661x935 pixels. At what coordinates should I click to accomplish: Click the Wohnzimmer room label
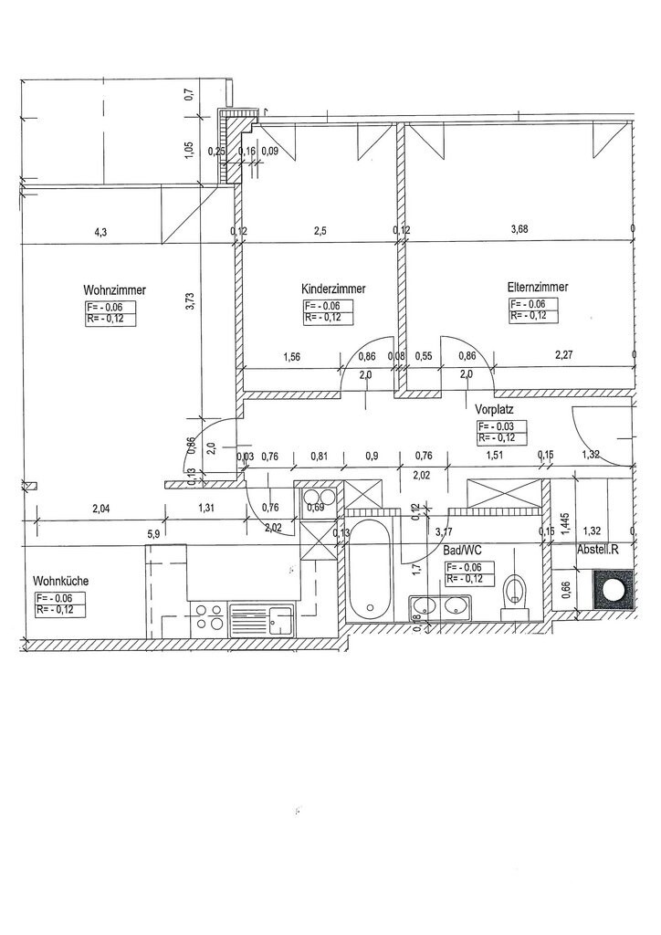point(115,290)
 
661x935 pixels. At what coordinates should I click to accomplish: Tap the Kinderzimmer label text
point(333,289)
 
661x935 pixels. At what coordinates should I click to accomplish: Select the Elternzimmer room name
point(538,287)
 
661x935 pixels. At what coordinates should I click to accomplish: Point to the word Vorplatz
point(495,410)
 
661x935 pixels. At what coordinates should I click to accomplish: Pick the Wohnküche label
point(61,581)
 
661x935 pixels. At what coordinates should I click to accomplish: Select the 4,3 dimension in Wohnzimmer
point(100,233)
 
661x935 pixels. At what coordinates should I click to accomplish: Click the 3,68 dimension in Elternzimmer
point(519,231)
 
